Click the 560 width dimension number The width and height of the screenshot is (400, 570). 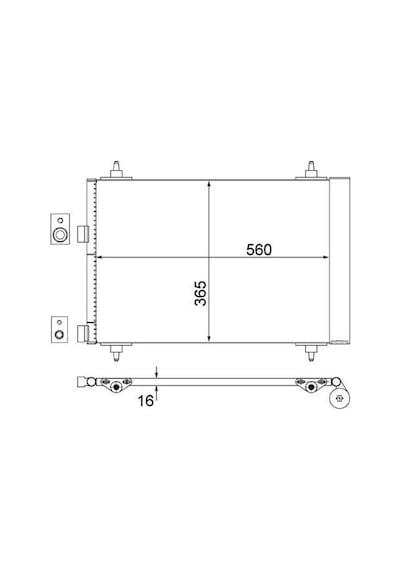click(259, 250)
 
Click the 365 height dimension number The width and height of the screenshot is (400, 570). click(200, 293)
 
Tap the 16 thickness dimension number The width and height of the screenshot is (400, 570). click(145, 401)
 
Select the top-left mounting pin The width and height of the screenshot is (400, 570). click(116, 170)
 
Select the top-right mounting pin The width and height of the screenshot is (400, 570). click(311, 170)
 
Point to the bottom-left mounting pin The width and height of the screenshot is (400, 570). click(116, 352)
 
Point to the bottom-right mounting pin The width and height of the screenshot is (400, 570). click(311, 352)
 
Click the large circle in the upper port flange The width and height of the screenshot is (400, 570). click(60, 234)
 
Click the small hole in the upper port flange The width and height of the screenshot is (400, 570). click(60, 220)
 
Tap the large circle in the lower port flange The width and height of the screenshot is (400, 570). click(59, 334)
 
